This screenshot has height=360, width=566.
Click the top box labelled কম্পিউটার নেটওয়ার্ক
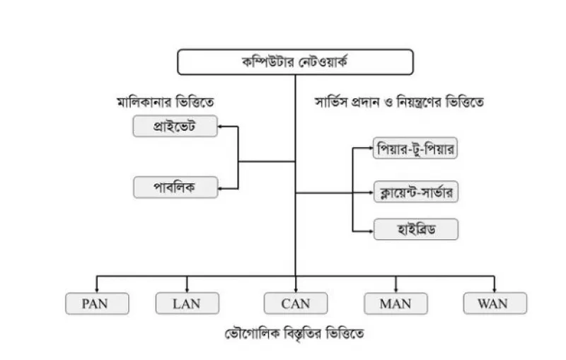pyautogui.click(x=295, y=62)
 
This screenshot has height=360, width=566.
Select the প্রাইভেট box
pyautogui.click(x=175, y=127)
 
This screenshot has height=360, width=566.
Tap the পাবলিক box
pyautogui.click(x=175, y=187)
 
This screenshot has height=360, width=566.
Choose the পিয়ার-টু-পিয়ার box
pyautogui.click(x=415, y=148)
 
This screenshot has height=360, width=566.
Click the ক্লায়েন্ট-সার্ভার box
pyautogui.click(x=416, y=192)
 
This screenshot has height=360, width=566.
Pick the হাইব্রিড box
pyautogui.click(x=416, y=229)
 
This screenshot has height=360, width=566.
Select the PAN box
pyautogui.click(x=97, y=303)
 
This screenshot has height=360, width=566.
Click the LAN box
pyautogui.click(x=187, y=303)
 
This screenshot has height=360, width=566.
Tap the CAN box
pyautogui.click(x=296, y=303)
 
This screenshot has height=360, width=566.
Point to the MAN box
pyautogui.click(x=395, y=303)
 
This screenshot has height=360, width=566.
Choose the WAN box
pyautogui.click(x=495, y=303)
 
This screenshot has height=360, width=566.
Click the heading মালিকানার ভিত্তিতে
pyautogui.click(x=166, y=103)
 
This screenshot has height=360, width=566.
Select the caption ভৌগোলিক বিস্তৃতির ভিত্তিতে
pyautogui.click(x=294, y=334)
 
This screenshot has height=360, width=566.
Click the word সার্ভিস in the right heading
pyautogui.click(x=332, y=102)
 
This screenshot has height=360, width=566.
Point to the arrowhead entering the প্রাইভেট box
pyautogui.click(x=220, y=127)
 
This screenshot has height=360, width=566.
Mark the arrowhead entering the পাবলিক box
pyautogui.click(x=220, y=188)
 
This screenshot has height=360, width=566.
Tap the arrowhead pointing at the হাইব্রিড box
pyautogui.click(x=371, y=231)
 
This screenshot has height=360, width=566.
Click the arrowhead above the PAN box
pyautogui.click(x=97, y=290)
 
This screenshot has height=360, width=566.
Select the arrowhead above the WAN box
pyautogui.click(x=494, y=290)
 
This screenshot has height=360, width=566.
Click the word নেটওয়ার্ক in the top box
pyautogui.click(x=323, y=62)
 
